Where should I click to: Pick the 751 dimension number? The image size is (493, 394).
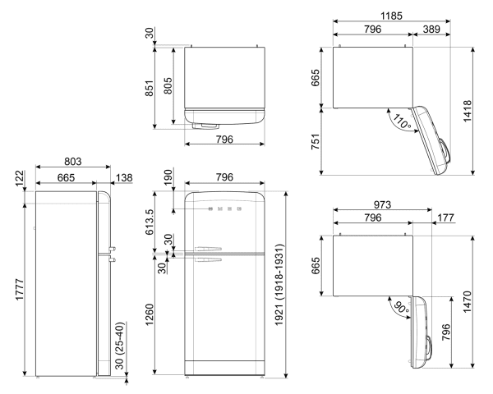[327, 140]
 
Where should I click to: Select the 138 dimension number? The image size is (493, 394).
[122, 178]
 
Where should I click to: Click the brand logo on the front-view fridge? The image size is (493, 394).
[224, 209]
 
